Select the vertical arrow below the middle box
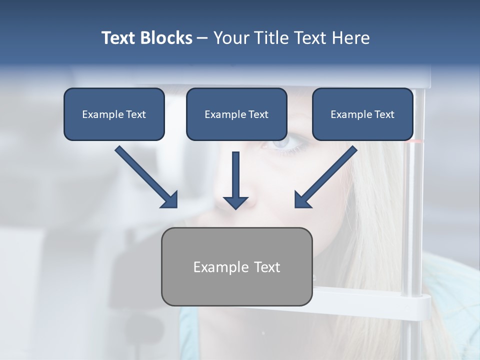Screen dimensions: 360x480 235,177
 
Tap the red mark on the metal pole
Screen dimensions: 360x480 414,142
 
